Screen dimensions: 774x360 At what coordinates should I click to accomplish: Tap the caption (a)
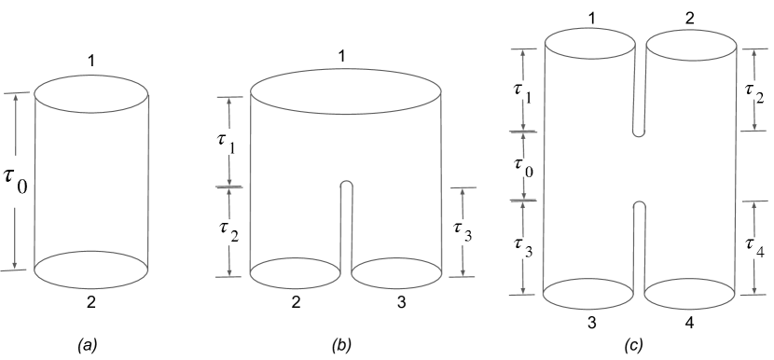87,346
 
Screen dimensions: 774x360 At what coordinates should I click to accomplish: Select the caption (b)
341,346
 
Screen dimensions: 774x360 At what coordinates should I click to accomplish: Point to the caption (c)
633,346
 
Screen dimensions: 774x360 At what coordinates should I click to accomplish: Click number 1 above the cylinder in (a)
91,61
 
